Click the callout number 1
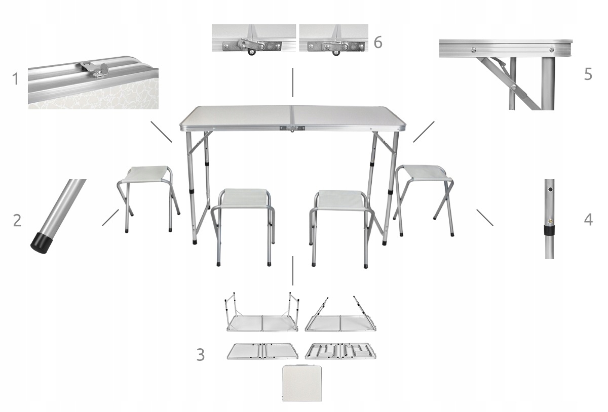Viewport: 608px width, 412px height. (x=15, y=78)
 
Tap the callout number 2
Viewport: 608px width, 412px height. (x=17, y=220)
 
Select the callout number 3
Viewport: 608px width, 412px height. (x=200, y=354)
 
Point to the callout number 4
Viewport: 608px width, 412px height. (x=588, y=220)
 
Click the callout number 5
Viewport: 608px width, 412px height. (x=588, y=74)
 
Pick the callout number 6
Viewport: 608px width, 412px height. (x=378, y=43)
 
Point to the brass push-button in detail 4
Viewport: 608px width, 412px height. (x=550, y=221)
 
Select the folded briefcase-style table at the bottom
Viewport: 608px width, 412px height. (x=302, y=383)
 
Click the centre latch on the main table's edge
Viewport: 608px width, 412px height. (x=292, y=128)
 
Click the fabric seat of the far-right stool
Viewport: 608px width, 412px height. (x=427, y=173)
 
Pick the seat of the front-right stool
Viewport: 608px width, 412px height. (x=340, y=199)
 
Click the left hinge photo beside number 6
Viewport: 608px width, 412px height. (x=254, y=38)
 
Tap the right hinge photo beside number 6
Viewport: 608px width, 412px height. (x=334, y=38)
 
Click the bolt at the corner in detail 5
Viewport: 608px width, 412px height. (x=552, y=50)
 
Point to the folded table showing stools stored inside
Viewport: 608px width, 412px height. (x=340, y=351)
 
